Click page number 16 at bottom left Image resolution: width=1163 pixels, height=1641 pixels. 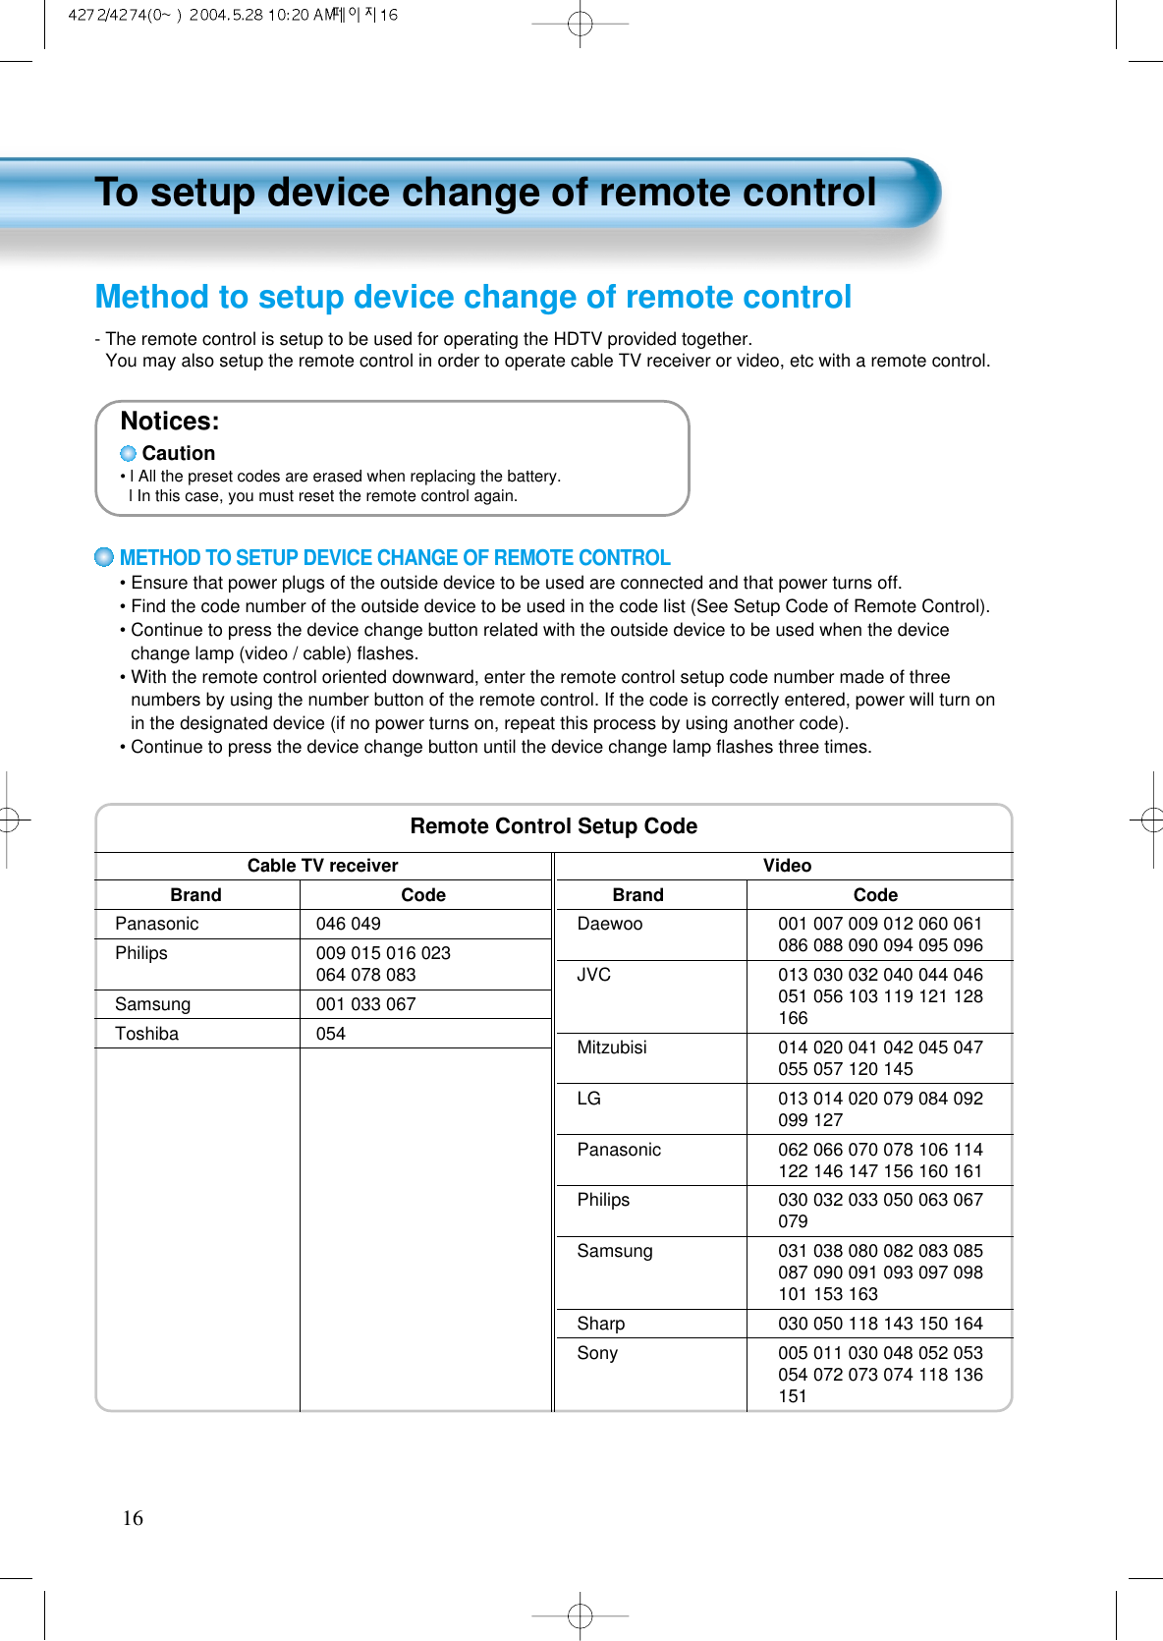tap(133, 1518)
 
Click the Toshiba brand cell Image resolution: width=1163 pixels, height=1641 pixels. tap(146, 1034)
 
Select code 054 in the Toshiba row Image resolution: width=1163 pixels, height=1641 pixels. tap(331, 1034)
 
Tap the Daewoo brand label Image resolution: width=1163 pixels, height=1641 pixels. tap(609, 924)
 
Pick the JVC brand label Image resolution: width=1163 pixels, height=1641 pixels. tap(593, 975)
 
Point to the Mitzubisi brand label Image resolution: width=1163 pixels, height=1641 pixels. tap(611, 1047)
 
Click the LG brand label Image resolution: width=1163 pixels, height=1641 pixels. tap(588, 1099)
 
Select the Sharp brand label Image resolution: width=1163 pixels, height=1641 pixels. tap(600, 1324)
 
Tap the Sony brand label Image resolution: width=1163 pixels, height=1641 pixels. tap(597, 1353)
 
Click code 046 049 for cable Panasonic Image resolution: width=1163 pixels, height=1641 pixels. tap(348, 924)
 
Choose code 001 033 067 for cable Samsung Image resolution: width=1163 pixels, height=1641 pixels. tap(365, 1004)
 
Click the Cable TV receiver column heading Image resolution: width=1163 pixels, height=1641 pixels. tap(322, 866)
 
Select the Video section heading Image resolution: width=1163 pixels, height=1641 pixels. tap(787, 866)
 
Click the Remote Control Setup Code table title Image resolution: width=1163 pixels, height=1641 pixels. tap(553, 826)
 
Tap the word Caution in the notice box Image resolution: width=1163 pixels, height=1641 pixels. tap(178, 453)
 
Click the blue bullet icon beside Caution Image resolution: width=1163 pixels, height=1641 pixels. tap(128, 453)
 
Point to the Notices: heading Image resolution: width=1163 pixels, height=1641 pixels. tap(170, 422)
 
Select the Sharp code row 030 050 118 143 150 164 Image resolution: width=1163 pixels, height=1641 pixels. tap(880, 1324)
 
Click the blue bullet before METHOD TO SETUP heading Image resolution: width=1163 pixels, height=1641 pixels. tap(104, 557)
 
